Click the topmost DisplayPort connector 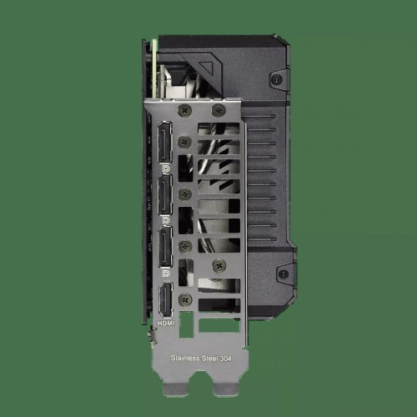tap(165, 142)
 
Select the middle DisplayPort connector tap(165, 194)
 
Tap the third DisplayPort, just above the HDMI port tap(165, 247)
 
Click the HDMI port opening tap(165, 299)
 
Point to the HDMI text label tap(166, 324)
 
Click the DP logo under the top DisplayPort tap(166, 168)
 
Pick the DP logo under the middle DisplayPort tap(166, 221)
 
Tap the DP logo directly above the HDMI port tap(166, 274)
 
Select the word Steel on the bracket tap(210, 359)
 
